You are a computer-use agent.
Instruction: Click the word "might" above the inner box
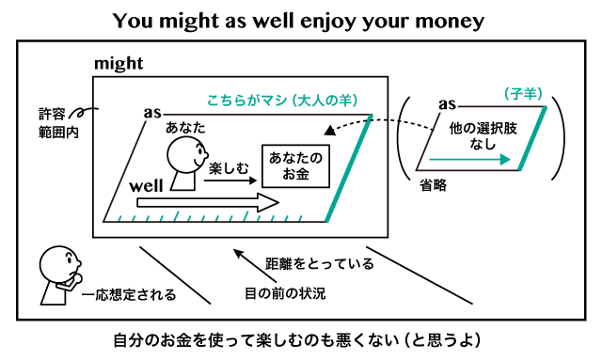[119, 64]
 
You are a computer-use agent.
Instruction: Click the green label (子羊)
[519, 93]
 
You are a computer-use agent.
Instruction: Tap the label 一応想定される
[129, 295]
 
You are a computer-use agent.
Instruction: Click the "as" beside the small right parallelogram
[447, 103]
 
